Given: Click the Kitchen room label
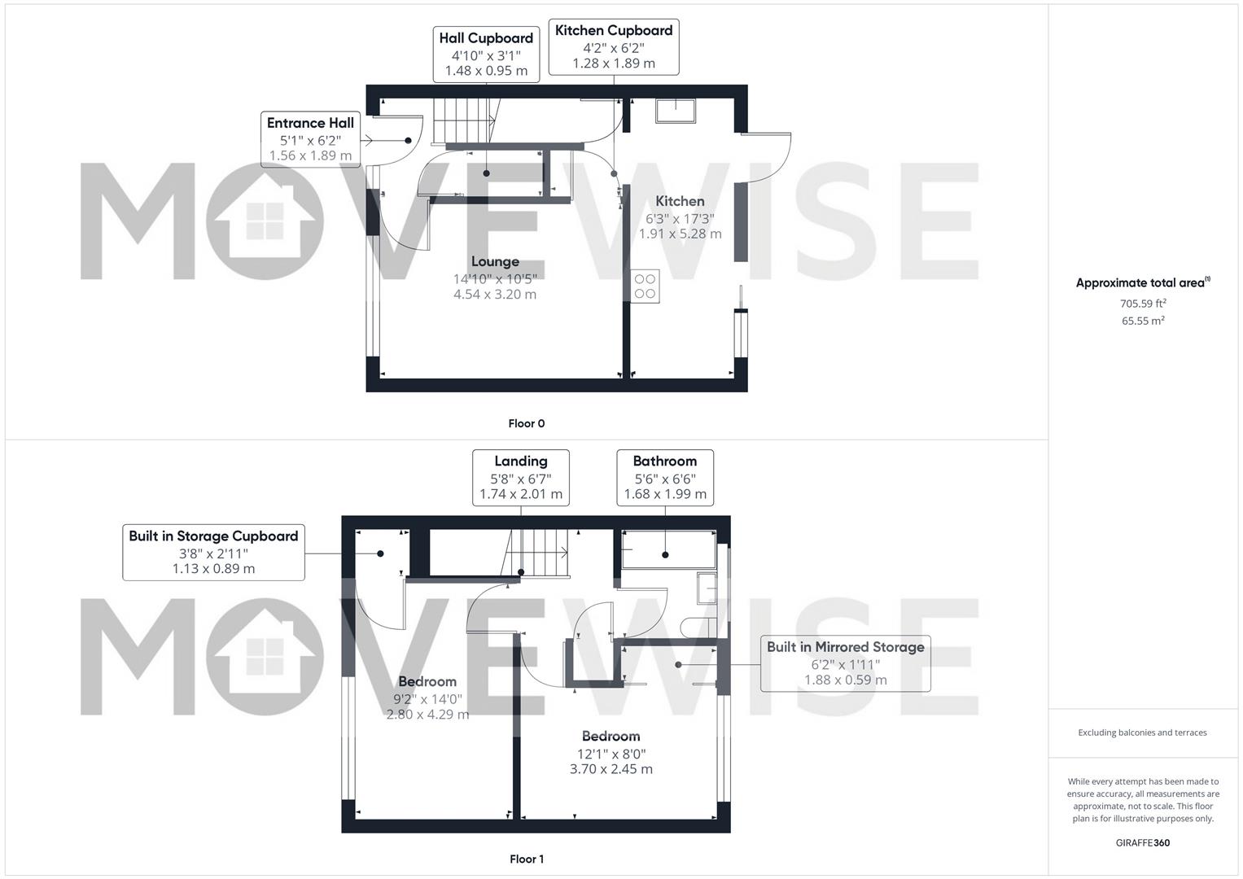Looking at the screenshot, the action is coord(680,201).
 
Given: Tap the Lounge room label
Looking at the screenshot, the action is coord(495,261).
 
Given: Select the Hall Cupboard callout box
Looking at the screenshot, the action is coord(486,55).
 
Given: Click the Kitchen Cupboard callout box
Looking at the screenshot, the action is coord(614,46).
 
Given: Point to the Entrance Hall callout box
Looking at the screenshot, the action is coord(310,139).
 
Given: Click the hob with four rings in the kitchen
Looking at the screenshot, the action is coord(645,286).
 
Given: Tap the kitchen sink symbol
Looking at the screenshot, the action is coord(676,111).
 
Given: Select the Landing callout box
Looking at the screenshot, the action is coord(520,478).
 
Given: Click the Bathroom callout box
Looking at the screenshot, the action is coord(665,478).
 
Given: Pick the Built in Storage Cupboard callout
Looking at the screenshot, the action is coord(213,552).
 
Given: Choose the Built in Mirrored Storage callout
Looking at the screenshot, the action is coord(845,663).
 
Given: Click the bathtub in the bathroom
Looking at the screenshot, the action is coord(668,549).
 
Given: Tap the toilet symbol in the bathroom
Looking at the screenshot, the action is coord(699,628).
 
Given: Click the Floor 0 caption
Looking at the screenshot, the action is coord(527,423).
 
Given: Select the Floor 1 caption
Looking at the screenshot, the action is coord(527,859).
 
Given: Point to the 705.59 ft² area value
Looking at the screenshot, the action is coord(1143,303).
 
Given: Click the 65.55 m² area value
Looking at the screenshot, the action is coord(1143,320).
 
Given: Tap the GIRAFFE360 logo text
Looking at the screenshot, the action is coord(1143,843).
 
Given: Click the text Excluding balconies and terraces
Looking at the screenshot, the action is coord(1142,732).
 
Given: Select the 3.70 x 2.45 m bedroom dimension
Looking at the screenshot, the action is coord(611,769).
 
